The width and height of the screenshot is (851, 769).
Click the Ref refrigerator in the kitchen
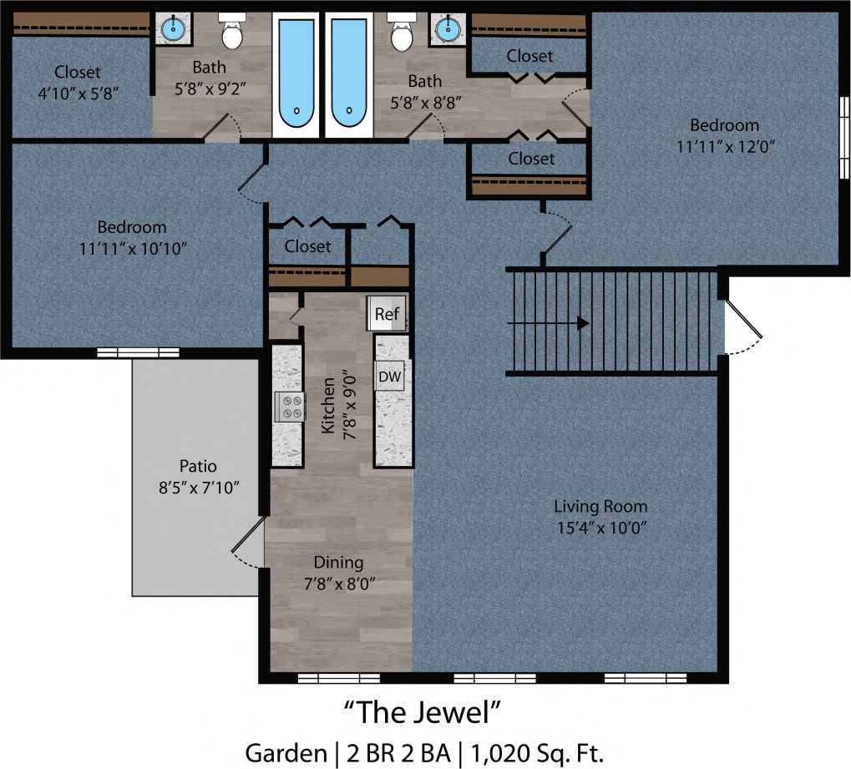[x=387, y=314]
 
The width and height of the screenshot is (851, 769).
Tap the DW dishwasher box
[x=389, y=377]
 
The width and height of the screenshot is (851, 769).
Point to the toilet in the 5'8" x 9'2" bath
[x=231, y=33]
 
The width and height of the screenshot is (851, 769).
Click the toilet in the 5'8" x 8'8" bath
[x=402, y=33]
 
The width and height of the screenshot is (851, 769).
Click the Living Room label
[x=600, y=506]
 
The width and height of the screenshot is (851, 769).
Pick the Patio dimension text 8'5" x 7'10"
[x=199, y=488]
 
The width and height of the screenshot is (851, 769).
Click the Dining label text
[x=338, y=562]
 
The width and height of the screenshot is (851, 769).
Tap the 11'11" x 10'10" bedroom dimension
[x=131, y=247]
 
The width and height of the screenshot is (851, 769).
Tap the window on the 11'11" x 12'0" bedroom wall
[x=843, y=138]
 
